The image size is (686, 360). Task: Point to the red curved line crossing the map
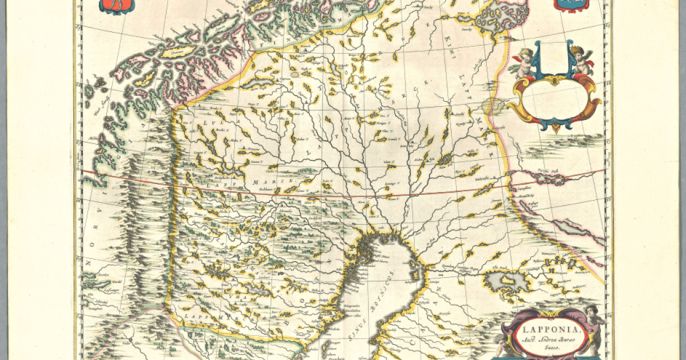point(343,194)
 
